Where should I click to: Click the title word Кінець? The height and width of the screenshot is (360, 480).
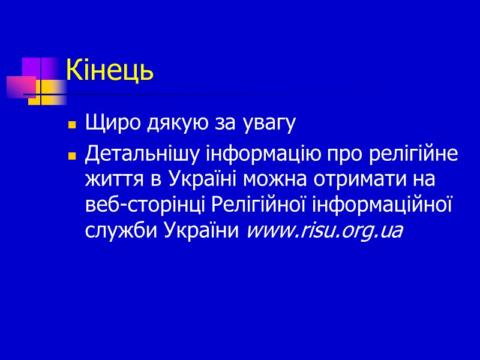tap(110, 71)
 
